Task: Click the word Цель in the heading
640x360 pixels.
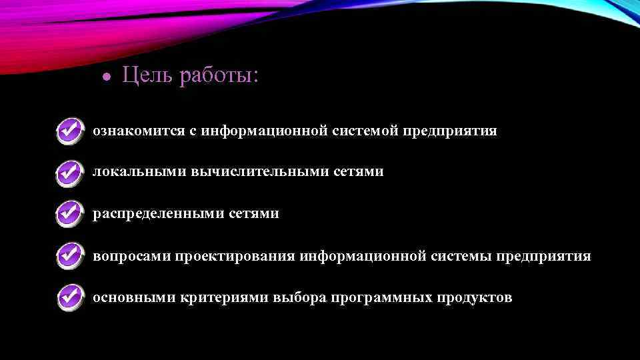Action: pyautogui.click(x=145, y=76)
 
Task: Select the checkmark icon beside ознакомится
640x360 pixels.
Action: pyautogui.click(x=70, y=131)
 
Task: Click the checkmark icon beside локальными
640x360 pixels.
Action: pyautogui.click(x=70, y=172)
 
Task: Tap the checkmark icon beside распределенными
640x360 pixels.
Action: pyautogui.click(x=70, y=214)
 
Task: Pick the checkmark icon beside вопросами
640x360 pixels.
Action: pyautogui.click(x=70, y=256)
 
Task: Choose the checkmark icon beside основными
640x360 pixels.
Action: pyautogui.click(x=70, y=297)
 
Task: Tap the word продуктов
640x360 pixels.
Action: pyautogui.click(x=474, y=297)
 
